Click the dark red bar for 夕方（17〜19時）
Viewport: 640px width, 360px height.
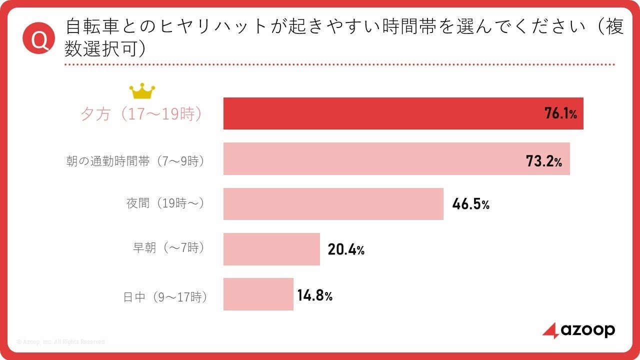point(403,113)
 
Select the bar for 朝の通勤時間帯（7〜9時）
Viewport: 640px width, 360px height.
point(396,158)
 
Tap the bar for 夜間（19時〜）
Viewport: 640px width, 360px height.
point(333,204)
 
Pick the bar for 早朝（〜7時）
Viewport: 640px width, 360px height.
point(271,249)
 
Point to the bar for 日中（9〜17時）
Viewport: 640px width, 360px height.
point(258,294)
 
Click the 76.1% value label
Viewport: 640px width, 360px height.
point(560,113)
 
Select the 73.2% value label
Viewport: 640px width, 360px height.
point(544,161)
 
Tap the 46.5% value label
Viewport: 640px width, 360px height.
point(471,204)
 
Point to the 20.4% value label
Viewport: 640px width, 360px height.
point(346,249)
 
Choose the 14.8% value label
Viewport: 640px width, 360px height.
point(315,295)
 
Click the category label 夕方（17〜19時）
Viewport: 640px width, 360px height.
point(141,113)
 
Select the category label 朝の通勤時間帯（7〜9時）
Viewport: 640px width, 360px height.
point(135,161)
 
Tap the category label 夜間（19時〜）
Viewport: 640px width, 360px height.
point(165,203)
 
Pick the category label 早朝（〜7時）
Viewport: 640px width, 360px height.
point(169,247)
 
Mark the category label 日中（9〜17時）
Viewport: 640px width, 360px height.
point(165,297)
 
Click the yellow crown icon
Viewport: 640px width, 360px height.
point(142,91)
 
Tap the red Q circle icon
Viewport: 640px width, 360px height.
point(39,38)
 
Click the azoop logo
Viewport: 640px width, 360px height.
point(578,330)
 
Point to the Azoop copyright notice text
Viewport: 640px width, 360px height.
point(61,341)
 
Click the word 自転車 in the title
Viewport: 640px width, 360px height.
point(92,26)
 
